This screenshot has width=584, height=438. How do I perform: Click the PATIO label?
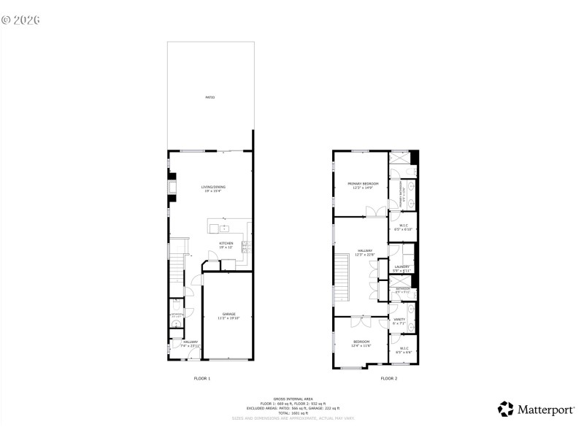tap(210, 97)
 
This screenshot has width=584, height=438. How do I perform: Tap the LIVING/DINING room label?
tap(213, 187)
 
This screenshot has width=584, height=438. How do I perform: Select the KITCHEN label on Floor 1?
tap(226, 243)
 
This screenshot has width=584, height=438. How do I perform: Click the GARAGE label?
tap(228, 315)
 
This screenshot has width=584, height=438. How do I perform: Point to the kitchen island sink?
tap(223, 228)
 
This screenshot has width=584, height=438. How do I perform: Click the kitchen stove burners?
tap(245, 246)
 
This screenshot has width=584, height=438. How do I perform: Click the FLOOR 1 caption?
tap(201, 378)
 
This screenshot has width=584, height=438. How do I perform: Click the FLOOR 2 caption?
tap(388, 378)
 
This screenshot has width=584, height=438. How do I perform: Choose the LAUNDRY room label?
tap(401, 267)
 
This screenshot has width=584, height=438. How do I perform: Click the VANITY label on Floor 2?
tap(399, 319)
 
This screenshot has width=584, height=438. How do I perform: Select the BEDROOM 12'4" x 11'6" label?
tap(361, 342)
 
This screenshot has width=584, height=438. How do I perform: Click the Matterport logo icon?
tap(506, 409)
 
